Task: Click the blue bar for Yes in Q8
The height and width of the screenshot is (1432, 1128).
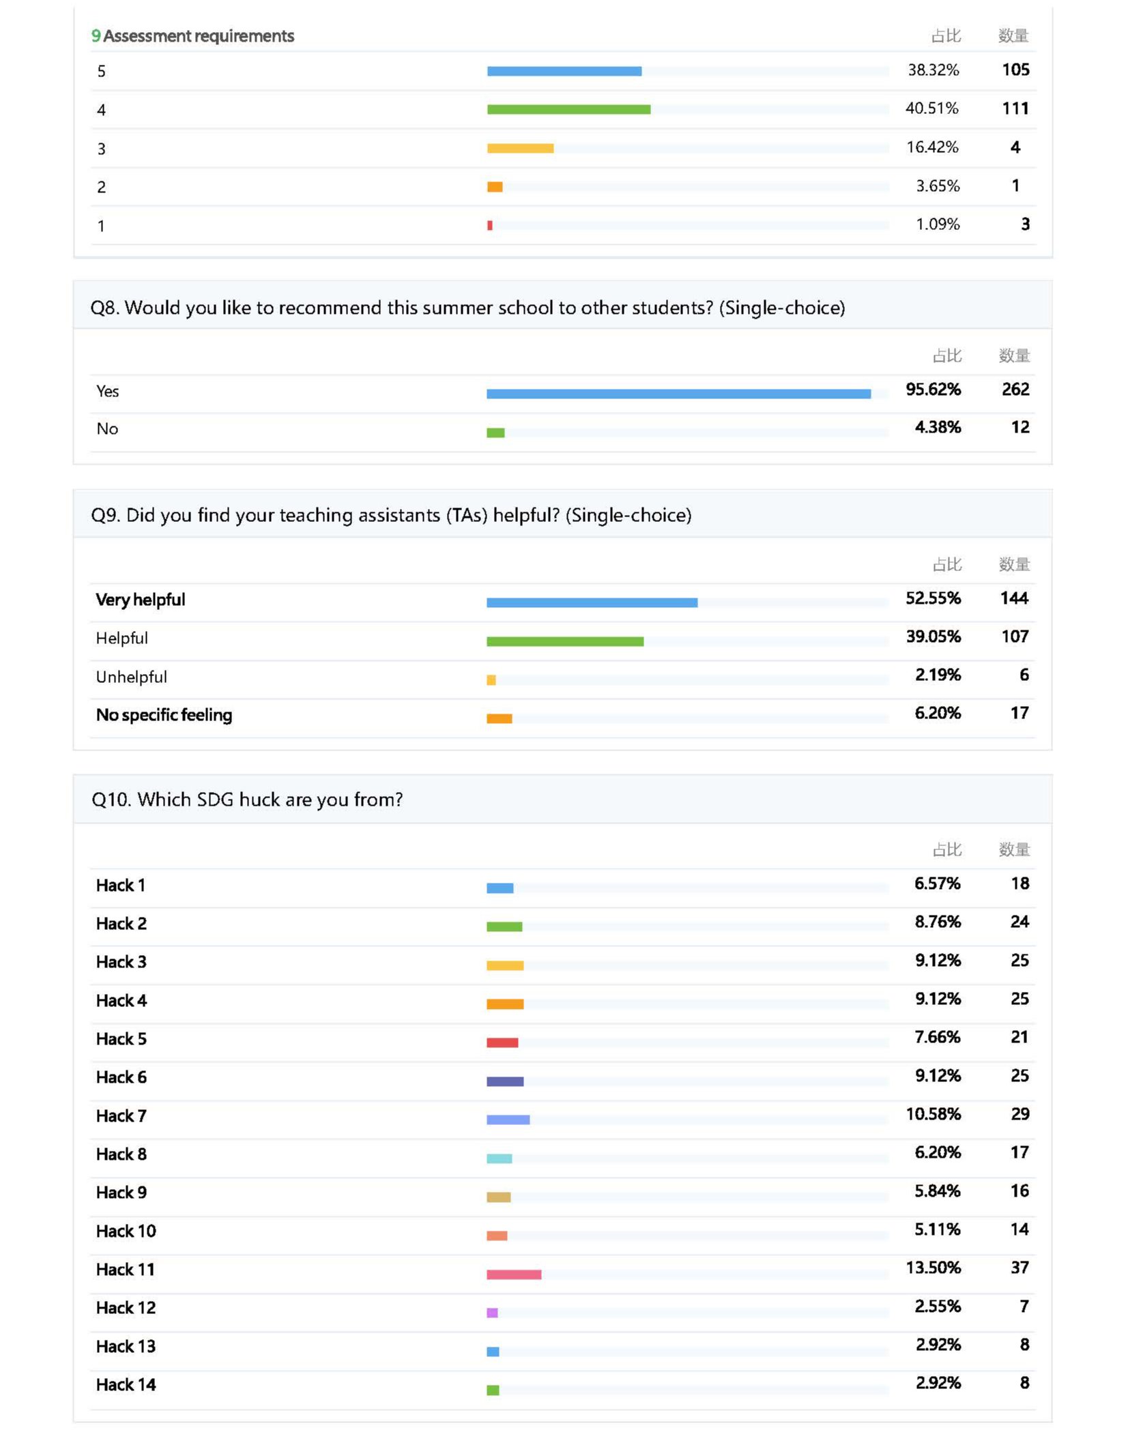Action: pyautogui.click(x=678, y=394)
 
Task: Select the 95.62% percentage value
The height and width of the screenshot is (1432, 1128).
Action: pyautogui.click(x=933, y=390)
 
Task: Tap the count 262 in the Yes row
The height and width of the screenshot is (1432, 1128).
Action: pyautogui.click(x=1015, y=390)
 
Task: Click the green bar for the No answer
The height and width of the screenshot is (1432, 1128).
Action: pyautogui.click(x=495, y=433)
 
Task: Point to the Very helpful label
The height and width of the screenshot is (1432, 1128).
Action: pyautogui.click(x=141, y=600)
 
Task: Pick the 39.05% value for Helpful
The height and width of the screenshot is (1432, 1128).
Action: pyautogui.click(x=933, y=637)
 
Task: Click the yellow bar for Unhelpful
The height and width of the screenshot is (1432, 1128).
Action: pyautogui.click(x=491, y=680)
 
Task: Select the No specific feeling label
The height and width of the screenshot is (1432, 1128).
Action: pyautogui.click(x=164, y=715)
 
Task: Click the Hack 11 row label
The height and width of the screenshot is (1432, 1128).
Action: pyautogui.click(x=126, y=1270)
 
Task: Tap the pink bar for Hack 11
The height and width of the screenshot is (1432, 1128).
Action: pyautogui.click(x=514, y=1274)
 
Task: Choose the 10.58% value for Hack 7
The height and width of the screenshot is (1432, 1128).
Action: pyautogui.click(x=933, y=1114)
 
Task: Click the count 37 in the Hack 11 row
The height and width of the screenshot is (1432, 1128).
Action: pyautogui.click(x=1019, y=1268)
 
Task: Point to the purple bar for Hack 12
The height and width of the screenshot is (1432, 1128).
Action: pyautogui.click(x=492, y=1313)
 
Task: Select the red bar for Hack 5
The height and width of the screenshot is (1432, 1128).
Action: pyautogui.click(x=502, y=1042)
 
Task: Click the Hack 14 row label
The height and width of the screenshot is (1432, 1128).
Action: pyautogui.click(x=126, y=1384)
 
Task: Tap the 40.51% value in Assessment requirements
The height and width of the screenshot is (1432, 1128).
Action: pyautogui.click(x=931, y=108)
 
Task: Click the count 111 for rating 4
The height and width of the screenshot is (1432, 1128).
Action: pyautogui.click(x=1015, y=108)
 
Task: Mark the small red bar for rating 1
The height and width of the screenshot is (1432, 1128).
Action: pyautogui.click(x=490, y=225)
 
